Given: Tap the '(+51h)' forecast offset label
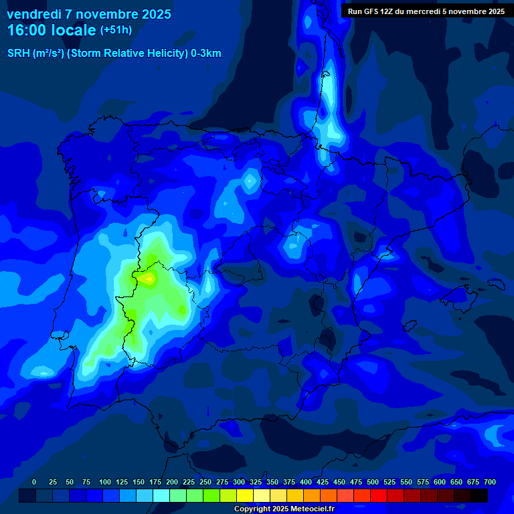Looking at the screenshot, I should coord(116,31).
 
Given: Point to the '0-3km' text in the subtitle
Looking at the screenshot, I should coord(205,54).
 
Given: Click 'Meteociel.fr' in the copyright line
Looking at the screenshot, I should coord(308,509).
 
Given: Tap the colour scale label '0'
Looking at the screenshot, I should coord(34,483).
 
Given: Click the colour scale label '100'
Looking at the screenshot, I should coord(105,483).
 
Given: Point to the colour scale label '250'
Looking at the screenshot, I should coord(205,483).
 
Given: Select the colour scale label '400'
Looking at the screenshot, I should coord(306,483).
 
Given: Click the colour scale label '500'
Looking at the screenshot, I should coord(373,483).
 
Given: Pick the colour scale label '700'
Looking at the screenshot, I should coord(490,483).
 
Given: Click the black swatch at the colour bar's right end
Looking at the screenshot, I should coord(479,496).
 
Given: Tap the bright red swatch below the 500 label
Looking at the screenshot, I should coord(379,496).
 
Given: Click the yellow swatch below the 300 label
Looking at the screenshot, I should coord(245,496).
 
